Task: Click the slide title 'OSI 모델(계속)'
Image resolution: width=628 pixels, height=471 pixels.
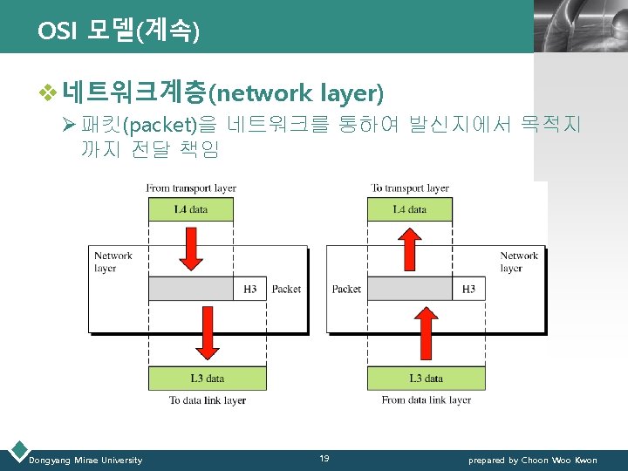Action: click(119, 32)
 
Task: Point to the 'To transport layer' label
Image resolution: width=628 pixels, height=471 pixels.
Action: click(409, 188)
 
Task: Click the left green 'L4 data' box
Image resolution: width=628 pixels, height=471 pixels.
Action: click(190, 209)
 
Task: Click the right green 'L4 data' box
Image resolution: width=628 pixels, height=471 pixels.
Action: click(410, 209)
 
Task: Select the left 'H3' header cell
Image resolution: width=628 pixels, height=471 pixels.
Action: click(249, 289)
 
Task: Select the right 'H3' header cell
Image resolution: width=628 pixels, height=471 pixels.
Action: click(468, 289)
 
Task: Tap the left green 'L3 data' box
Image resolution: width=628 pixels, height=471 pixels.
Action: click(207, 379)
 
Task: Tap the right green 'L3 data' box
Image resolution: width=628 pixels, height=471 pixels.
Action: click(426, 379)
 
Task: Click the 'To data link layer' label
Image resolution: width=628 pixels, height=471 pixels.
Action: click(208, 400)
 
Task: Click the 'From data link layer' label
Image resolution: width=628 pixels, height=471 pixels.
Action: click(426, 400)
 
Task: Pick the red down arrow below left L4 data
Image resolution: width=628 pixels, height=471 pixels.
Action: click(193, 249)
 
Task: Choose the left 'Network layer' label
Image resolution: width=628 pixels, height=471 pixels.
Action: click(113, 262)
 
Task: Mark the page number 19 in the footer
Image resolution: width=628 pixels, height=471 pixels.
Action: click(324, 459)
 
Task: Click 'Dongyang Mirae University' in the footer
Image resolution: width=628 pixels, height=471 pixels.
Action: click(85, 461)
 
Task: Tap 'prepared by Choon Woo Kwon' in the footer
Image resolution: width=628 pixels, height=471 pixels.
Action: click(532, 461)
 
